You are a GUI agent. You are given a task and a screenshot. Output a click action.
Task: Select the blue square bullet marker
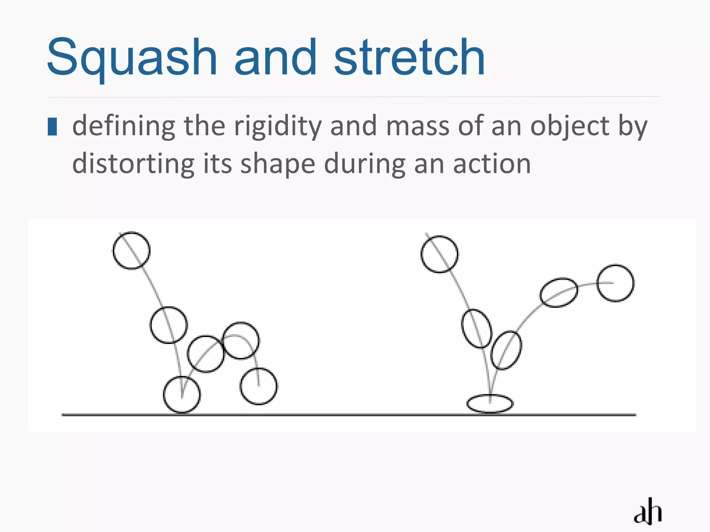click(52, 126)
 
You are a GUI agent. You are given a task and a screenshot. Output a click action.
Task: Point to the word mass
click(418, 126)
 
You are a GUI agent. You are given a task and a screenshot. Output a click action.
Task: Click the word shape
click(278, 165)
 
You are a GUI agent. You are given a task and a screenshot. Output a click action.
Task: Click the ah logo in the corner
click(648, 511)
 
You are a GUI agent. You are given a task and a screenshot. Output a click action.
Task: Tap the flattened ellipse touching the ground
click(490, 404)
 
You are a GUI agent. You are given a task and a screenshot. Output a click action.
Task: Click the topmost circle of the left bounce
click(131, 250)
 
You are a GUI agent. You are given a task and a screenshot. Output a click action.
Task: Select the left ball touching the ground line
click(182, 395)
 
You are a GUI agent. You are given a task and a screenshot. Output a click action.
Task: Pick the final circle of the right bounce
click(616, 283)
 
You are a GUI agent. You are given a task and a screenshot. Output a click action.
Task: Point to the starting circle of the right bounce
click(439, 254)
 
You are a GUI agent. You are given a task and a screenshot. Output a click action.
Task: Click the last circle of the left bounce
click(259, 386)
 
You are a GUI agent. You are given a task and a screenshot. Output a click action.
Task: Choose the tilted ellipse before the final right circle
click(559, 292)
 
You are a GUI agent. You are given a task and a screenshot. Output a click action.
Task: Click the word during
click(364, 164)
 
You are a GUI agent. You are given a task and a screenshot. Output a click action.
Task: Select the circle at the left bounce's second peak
click(241, 340)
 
